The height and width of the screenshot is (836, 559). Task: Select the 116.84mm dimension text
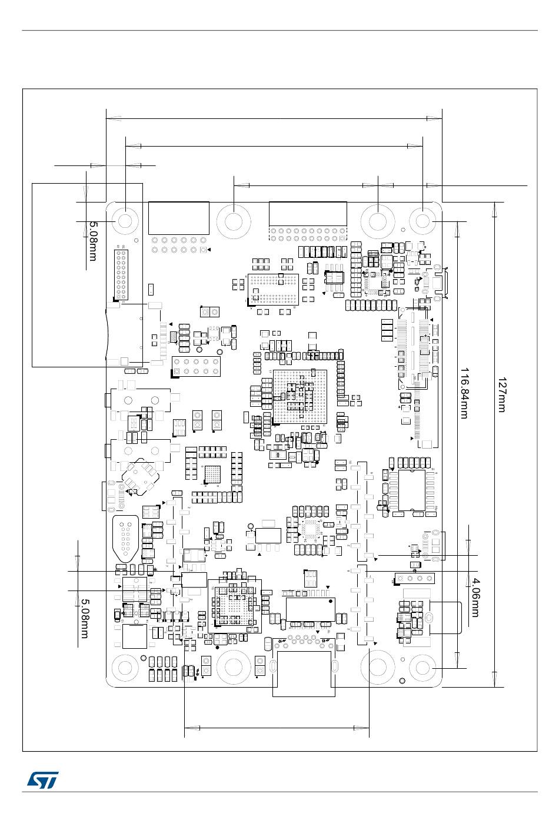pyautogui.click(x=464, y=393)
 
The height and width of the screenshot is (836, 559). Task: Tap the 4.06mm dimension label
pyautogui.click(x=476, y=598)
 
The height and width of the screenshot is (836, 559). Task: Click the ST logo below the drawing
pyautogui.click(x=42, y=779)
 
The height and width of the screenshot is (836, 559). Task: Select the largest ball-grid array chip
pyautogui.click(x=300, y=396)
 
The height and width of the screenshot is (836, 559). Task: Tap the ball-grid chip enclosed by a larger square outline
pyautogui.click(x=234, y=606)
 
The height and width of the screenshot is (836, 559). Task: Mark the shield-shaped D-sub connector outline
pyautogui.click(x=125, y=539)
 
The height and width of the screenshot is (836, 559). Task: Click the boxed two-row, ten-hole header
pyautogui.click(x=196, y=367)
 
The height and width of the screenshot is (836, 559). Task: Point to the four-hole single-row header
pyautogui.click(x=413, y=579)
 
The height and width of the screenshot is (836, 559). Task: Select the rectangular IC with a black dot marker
pyautogui.click(x=268, y=535)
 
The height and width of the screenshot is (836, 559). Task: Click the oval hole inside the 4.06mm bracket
pyautogui.click(x=429, y=618)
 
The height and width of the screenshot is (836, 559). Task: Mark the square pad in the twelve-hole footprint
pyautogui.click(x=203, y=250)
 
